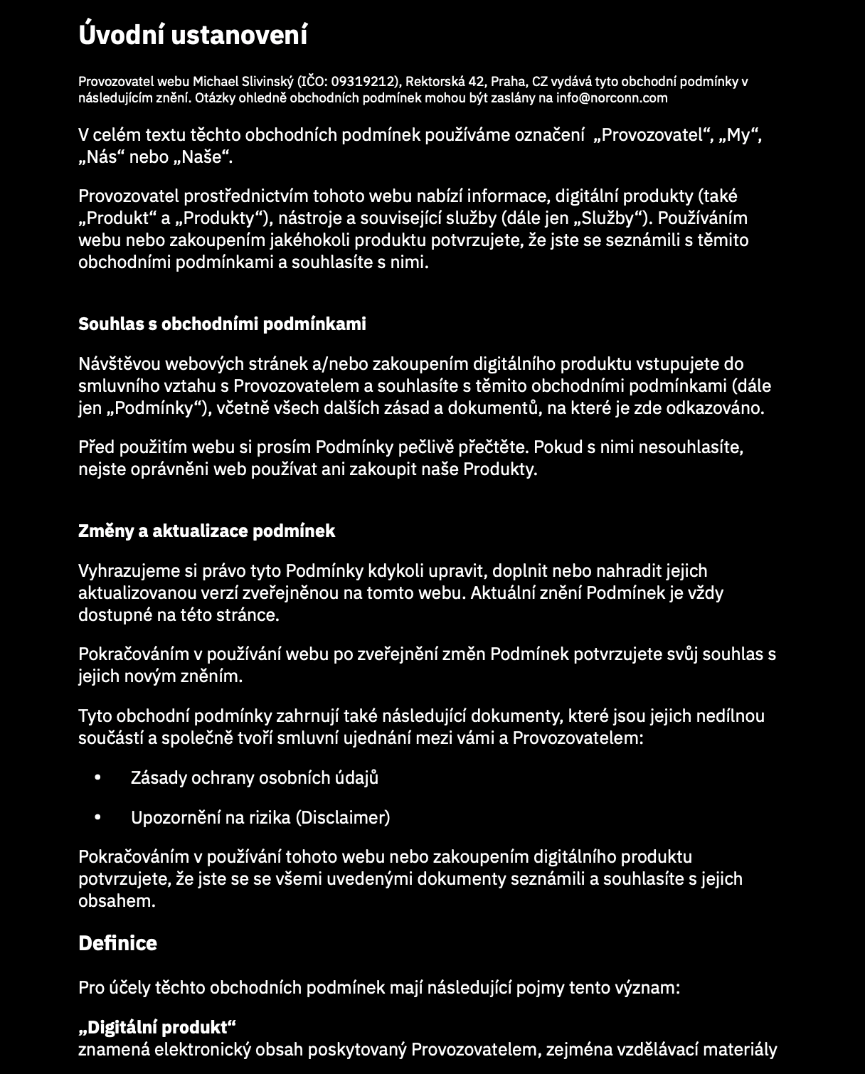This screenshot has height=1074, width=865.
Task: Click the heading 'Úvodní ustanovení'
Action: tap(192, 35)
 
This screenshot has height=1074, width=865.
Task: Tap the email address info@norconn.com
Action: tap(612, 98)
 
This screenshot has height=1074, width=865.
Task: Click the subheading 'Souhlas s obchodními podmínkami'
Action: tap(222, 324)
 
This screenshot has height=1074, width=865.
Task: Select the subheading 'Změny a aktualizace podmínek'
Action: tap(206, 531)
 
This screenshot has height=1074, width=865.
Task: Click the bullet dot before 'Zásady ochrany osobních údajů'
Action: tap(98, 778)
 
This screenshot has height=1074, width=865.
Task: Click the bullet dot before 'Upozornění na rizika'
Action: tap(98, 818)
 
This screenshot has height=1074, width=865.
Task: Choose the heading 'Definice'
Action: tap(117, 944)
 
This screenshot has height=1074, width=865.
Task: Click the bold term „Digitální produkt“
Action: tap(156, 1028)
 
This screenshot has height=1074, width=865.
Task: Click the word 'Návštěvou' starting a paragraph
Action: tap(117, 364)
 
